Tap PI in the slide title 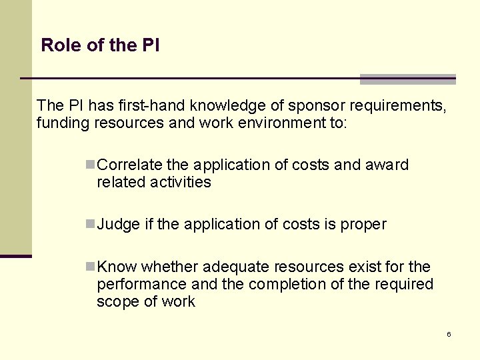coord(151,45)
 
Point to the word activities coord(181,182)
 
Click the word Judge coord(118,225)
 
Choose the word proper coord(363,225)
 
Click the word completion coord(293,285)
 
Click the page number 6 coord(449,334)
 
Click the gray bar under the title coord(407,79)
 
